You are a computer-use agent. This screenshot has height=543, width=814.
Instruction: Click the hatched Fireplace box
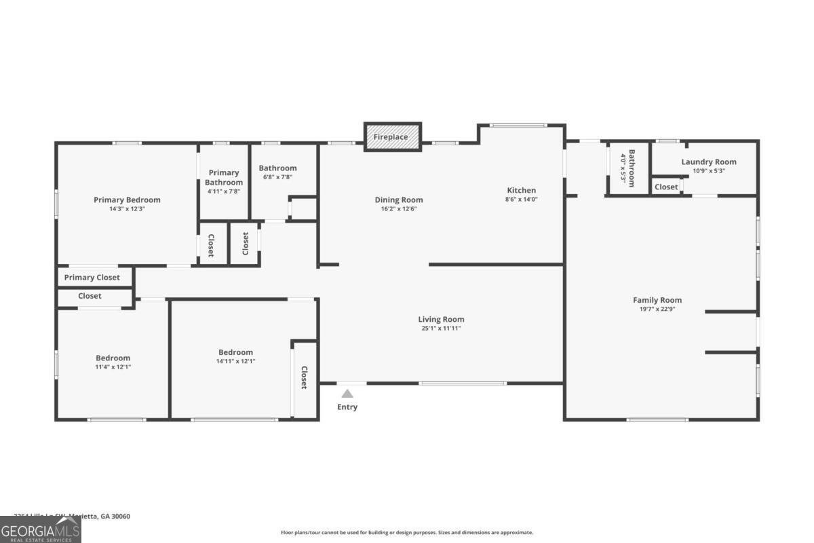point(393,136)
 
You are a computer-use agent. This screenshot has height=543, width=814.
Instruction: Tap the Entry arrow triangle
point(347,393)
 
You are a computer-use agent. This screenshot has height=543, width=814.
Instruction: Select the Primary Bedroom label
point(127,200)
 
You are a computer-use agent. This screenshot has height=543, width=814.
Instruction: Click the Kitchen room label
point(521,190)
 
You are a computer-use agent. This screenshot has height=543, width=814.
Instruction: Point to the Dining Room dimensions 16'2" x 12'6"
point(399,209)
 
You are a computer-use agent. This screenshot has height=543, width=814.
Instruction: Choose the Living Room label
point(441,319)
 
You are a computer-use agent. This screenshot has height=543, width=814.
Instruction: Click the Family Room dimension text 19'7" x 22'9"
point(657,309)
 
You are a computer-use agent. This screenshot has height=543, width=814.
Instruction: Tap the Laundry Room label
point(709,162)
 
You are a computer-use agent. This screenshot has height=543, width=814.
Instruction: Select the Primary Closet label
point(92,278)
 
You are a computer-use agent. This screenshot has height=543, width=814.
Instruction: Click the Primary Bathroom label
point(224,177)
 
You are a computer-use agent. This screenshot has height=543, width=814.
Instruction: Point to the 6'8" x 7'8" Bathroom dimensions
point(277,177)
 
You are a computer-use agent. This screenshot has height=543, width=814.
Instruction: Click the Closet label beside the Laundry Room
point(666,187)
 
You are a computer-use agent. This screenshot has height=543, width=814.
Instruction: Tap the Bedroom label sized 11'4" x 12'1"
point(113,358)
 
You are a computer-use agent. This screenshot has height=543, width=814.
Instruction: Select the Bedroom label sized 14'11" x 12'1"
point(235,352)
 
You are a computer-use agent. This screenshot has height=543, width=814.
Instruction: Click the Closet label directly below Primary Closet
point(90,296)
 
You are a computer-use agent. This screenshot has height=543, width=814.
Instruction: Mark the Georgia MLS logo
point(40,529)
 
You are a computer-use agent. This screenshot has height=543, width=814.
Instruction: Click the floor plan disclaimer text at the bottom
point(407,533)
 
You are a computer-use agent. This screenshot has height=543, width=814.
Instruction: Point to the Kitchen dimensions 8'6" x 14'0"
point(521,200)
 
